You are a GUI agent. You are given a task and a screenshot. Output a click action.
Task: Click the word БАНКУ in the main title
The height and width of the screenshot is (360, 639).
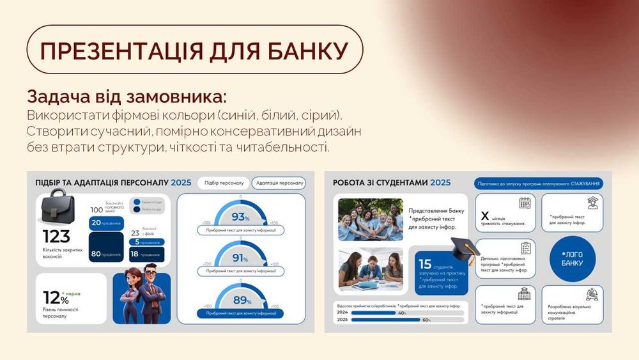coord(298,51)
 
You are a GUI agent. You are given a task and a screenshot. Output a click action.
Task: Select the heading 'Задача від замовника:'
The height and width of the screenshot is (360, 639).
coord(127,98)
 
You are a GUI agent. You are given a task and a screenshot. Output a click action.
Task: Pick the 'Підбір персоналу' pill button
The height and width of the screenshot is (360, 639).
coord(222,183)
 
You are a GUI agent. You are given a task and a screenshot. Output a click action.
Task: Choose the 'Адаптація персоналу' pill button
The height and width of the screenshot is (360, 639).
coord(279,183)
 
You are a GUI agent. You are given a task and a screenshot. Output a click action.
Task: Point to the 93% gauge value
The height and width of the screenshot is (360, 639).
coord(240,216)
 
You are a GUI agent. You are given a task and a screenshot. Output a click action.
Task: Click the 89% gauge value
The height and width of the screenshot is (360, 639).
coord(240,301)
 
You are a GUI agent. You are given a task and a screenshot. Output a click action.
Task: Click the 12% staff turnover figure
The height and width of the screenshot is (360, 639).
coord(54,297)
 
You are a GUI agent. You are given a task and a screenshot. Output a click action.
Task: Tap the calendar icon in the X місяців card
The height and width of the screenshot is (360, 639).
coord(524,204)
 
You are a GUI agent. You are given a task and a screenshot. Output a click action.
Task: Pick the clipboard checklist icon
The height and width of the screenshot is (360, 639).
coord(526,248)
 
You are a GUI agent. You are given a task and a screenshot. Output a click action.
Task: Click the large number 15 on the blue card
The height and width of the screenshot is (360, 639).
coord(425,263)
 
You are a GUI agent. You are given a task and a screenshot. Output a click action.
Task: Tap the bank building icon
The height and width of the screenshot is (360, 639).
coord(524,293)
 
